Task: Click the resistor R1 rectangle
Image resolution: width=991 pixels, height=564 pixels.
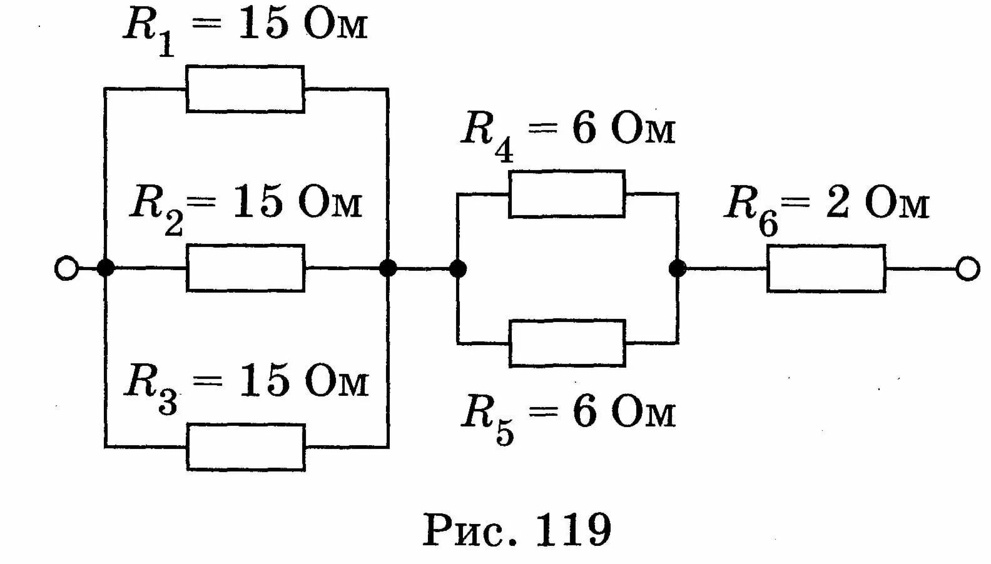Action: (x=245, y=89)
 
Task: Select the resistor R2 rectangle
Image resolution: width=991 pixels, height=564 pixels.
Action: (x=245, y=268)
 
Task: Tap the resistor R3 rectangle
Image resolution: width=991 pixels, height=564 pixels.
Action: (x=246, y=447)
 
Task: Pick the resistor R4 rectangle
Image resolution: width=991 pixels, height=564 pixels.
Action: (x=567, y=194)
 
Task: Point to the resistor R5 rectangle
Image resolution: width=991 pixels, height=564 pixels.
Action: (x=567, y=343)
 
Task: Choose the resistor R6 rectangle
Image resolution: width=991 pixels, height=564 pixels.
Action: (x=826, y=268)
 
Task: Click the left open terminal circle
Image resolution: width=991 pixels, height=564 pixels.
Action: (x=66, y=269)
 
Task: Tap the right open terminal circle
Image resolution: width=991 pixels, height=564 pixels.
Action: (x=967, y=269)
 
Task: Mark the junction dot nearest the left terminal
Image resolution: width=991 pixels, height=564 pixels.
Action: (x=106, y=269)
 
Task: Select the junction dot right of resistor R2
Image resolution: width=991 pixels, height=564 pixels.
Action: (x=388, y=269)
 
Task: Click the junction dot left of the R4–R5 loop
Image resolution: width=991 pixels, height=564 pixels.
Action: (x=458, y=269)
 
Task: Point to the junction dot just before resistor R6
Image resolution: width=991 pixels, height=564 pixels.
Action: (x=677, y=269)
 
